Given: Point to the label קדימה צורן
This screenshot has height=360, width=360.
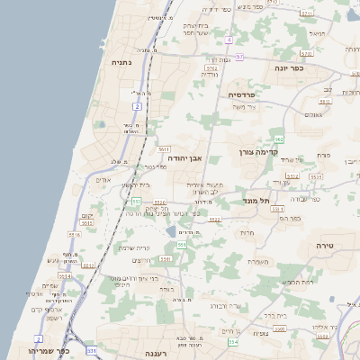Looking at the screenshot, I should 259,153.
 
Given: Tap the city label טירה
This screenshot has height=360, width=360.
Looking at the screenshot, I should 325,244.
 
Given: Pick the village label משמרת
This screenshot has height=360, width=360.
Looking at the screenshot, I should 260,262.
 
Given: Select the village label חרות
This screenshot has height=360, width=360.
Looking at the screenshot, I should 247,232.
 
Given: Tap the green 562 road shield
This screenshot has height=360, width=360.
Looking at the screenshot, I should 279,139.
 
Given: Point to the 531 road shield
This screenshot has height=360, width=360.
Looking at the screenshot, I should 91,349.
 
